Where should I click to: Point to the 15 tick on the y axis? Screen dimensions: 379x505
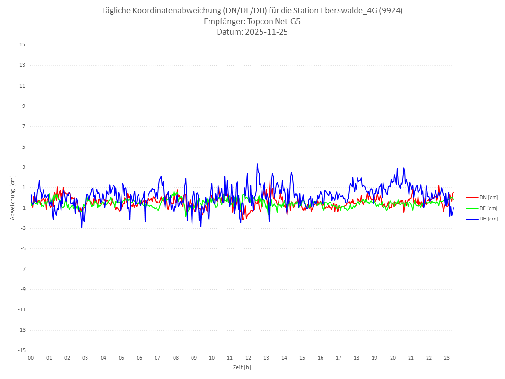[22, 45]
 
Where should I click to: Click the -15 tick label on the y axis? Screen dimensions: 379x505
[21, 350]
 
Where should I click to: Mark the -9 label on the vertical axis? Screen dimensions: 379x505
[22, 289]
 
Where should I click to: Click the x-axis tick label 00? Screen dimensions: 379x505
[31, 358]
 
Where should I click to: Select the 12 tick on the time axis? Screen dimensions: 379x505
[248, 358]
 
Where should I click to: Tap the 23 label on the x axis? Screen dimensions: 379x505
[447, 358]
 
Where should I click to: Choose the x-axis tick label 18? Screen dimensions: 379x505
[357, 358]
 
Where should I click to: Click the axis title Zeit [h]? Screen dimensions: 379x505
[242, 367]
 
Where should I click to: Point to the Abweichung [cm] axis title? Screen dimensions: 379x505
[13, 198]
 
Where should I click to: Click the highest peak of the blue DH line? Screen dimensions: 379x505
[257, 164]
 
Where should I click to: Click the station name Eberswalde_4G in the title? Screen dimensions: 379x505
[351, 11]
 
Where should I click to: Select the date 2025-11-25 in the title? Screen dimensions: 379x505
[265, 32]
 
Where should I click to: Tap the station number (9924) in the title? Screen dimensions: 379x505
[391, 11]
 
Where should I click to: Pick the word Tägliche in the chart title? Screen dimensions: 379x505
[117, 11]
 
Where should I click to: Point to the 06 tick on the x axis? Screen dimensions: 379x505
[139, 358]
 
